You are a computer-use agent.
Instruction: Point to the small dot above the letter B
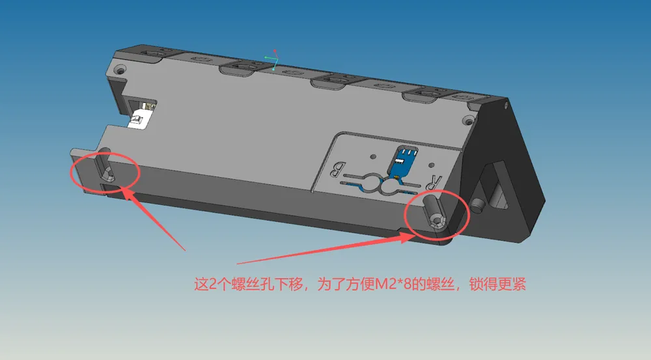[373, 157]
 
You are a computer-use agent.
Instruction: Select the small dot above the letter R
[431, 165]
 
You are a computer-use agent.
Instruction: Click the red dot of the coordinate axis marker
[275, 51]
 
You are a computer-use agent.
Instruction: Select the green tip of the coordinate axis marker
[266, 57]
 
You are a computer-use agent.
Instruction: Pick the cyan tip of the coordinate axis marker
[273, 70]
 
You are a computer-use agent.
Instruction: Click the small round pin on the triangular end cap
[478, 204]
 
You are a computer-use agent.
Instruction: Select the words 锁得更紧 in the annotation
[498, 284]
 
